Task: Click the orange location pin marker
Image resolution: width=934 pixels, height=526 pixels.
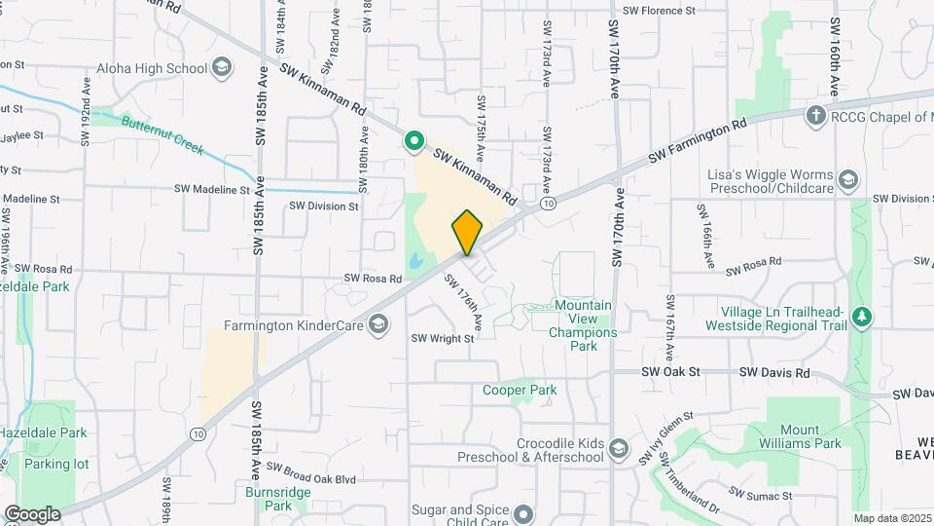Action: click(x=467, y=232)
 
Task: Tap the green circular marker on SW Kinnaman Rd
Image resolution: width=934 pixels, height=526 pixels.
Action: click(x=413, y=143)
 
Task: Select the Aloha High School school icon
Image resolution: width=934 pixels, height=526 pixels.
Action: click(x=222, y=68)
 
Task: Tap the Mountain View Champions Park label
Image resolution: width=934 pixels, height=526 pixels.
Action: click(x=583, y=319)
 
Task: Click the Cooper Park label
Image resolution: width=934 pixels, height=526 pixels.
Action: click(x=520, y=390)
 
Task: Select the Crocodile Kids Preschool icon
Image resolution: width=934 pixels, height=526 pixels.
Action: click(x=619, y=450)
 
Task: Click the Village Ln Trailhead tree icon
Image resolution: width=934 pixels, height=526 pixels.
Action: click(x=860, y=318)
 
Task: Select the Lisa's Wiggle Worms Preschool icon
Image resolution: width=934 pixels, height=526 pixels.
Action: click(x=849, y=179)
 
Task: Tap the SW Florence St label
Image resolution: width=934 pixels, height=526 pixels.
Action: click(x=659, y=11)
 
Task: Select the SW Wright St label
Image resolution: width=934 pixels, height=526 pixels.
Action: click(x=442, y=339)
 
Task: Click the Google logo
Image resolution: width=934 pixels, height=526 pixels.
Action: click(x=32, y=513)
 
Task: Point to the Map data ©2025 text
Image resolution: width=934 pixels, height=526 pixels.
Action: click(x=892, y=518)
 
